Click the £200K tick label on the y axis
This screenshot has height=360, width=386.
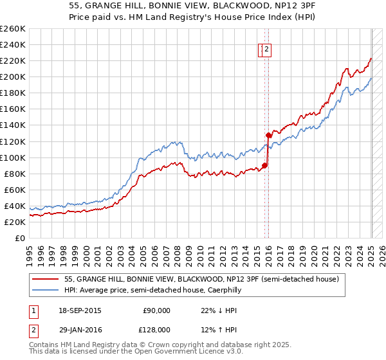point(13,77)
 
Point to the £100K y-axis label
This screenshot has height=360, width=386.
point(13,157)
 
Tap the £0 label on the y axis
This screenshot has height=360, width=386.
point(19,238)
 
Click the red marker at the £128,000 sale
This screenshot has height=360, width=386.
point(269,135)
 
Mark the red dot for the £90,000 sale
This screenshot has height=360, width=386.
point(265,165)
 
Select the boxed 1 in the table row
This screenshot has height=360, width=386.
point(32,310)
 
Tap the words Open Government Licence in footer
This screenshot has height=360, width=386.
point(172,352)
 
